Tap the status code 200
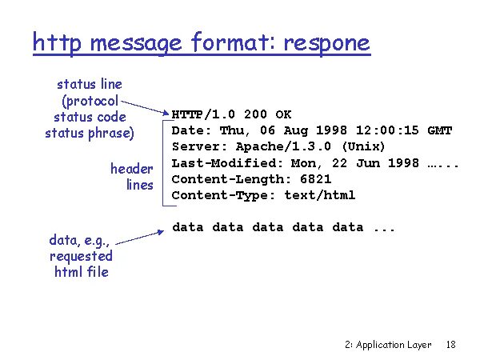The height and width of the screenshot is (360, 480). coord(254,114)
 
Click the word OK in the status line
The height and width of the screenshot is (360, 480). coord(284,114)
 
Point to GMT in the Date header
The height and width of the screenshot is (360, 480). coord(440,130)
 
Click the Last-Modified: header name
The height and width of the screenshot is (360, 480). coord(220,163)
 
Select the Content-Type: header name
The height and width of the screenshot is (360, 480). coord(217,195)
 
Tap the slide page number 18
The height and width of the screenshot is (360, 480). coord(450,345)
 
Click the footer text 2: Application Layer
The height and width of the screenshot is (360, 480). coord(388,345)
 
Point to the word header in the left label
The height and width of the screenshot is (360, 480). coord(131,169)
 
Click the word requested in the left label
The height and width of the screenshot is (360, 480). coord(81,256)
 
